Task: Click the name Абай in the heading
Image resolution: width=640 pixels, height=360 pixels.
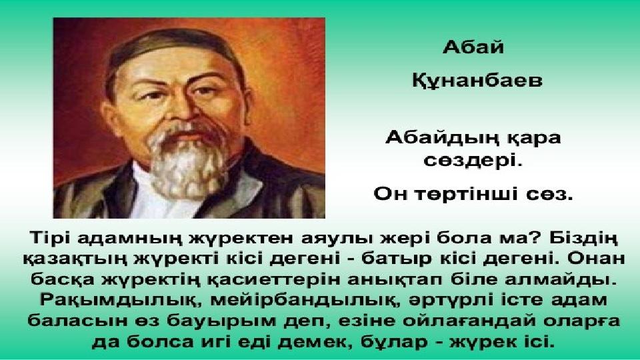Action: [x=473, y=47]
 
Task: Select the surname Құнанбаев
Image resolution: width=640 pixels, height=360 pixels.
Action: [x=477, y=80]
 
